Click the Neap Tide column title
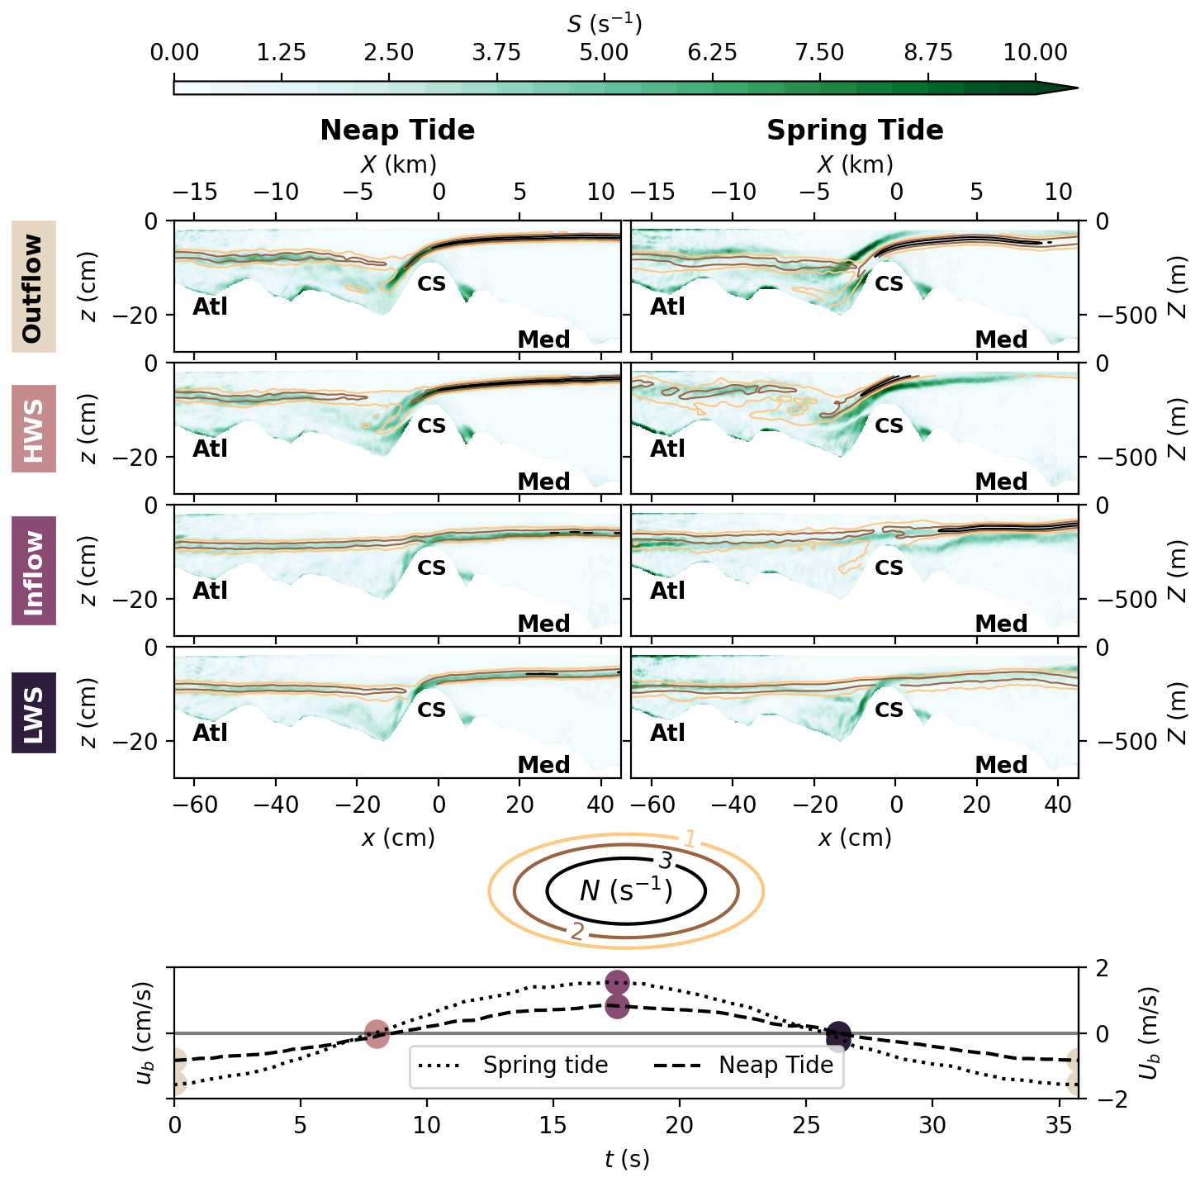point(397,131)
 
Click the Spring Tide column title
point(855,131)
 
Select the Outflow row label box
point(34,287)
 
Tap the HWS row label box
point(34,429)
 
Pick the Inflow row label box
point(34,571)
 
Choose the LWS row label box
point(34,713)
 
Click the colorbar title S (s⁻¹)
point(604,24)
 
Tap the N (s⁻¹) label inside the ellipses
point(626,891)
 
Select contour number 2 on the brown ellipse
point(577,933)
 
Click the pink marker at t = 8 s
point(377,1033)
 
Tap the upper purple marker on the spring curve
point(617,982)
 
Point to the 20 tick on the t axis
point(679,1125)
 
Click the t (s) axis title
point(626,1160)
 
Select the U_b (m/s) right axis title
point(1149,1033)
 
